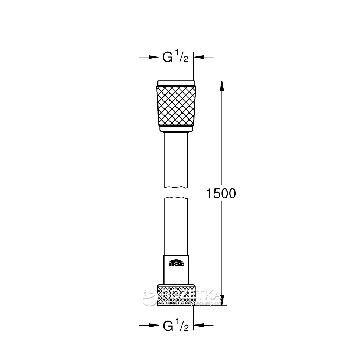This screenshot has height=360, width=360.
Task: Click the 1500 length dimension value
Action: [220, 193]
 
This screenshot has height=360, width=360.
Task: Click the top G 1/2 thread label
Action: [175, 57]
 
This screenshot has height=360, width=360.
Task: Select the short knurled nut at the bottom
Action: [176, 295]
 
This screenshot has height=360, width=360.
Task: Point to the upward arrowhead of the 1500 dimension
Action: [221, 86]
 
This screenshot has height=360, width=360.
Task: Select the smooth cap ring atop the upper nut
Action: [176, 83]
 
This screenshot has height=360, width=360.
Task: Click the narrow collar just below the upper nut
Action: [176, 129]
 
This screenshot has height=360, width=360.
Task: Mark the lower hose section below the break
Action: [176, 225]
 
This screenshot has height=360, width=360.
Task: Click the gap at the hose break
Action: [176, 193]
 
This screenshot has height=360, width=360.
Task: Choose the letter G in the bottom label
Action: [168, 326]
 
